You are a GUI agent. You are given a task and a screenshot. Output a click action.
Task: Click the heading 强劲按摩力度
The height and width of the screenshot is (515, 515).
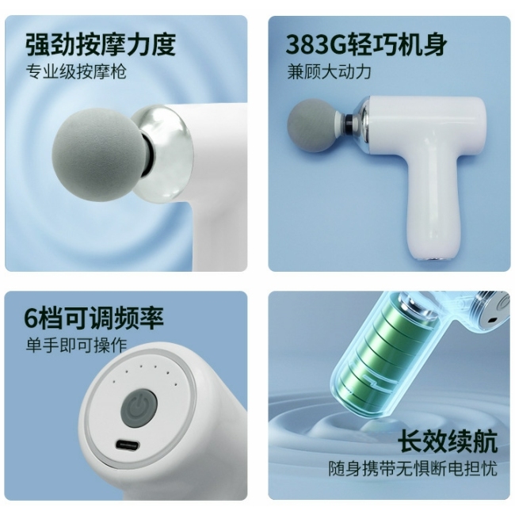(x=101, y=44)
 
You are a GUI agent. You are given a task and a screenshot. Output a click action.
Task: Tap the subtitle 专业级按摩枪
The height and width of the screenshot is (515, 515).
(x=76, y=71)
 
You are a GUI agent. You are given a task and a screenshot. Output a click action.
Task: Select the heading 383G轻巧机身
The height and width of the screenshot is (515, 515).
(x=366, y=44)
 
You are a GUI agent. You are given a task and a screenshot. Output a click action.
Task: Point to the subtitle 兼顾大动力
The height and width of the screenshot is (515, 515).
(x=329, y=71)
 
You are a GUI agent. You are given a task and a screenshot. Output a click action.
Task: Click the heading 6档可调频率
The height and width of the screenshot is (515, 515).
(x=93, y=318)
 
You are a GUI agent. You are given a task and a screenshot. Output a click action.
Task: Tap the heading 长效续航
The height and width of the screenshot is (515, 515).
(x=448, y=442)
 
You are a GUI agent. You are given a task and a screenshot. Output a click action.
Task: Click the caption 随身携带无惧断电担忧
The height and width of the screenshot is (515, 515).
(x=413, y=468)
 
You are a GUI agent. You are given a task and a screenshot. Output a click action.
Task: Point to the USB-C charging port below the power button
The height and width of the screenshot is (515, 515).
(x=127, y=445)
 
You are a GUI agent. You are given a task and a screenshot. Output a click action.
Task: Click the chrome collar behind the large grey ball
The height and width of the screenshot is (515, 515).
(x=162, y=152)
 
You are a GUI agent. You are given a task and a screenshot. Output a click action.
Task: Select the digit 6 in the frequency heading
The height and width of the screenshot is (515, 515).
(x=31, y=318)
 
